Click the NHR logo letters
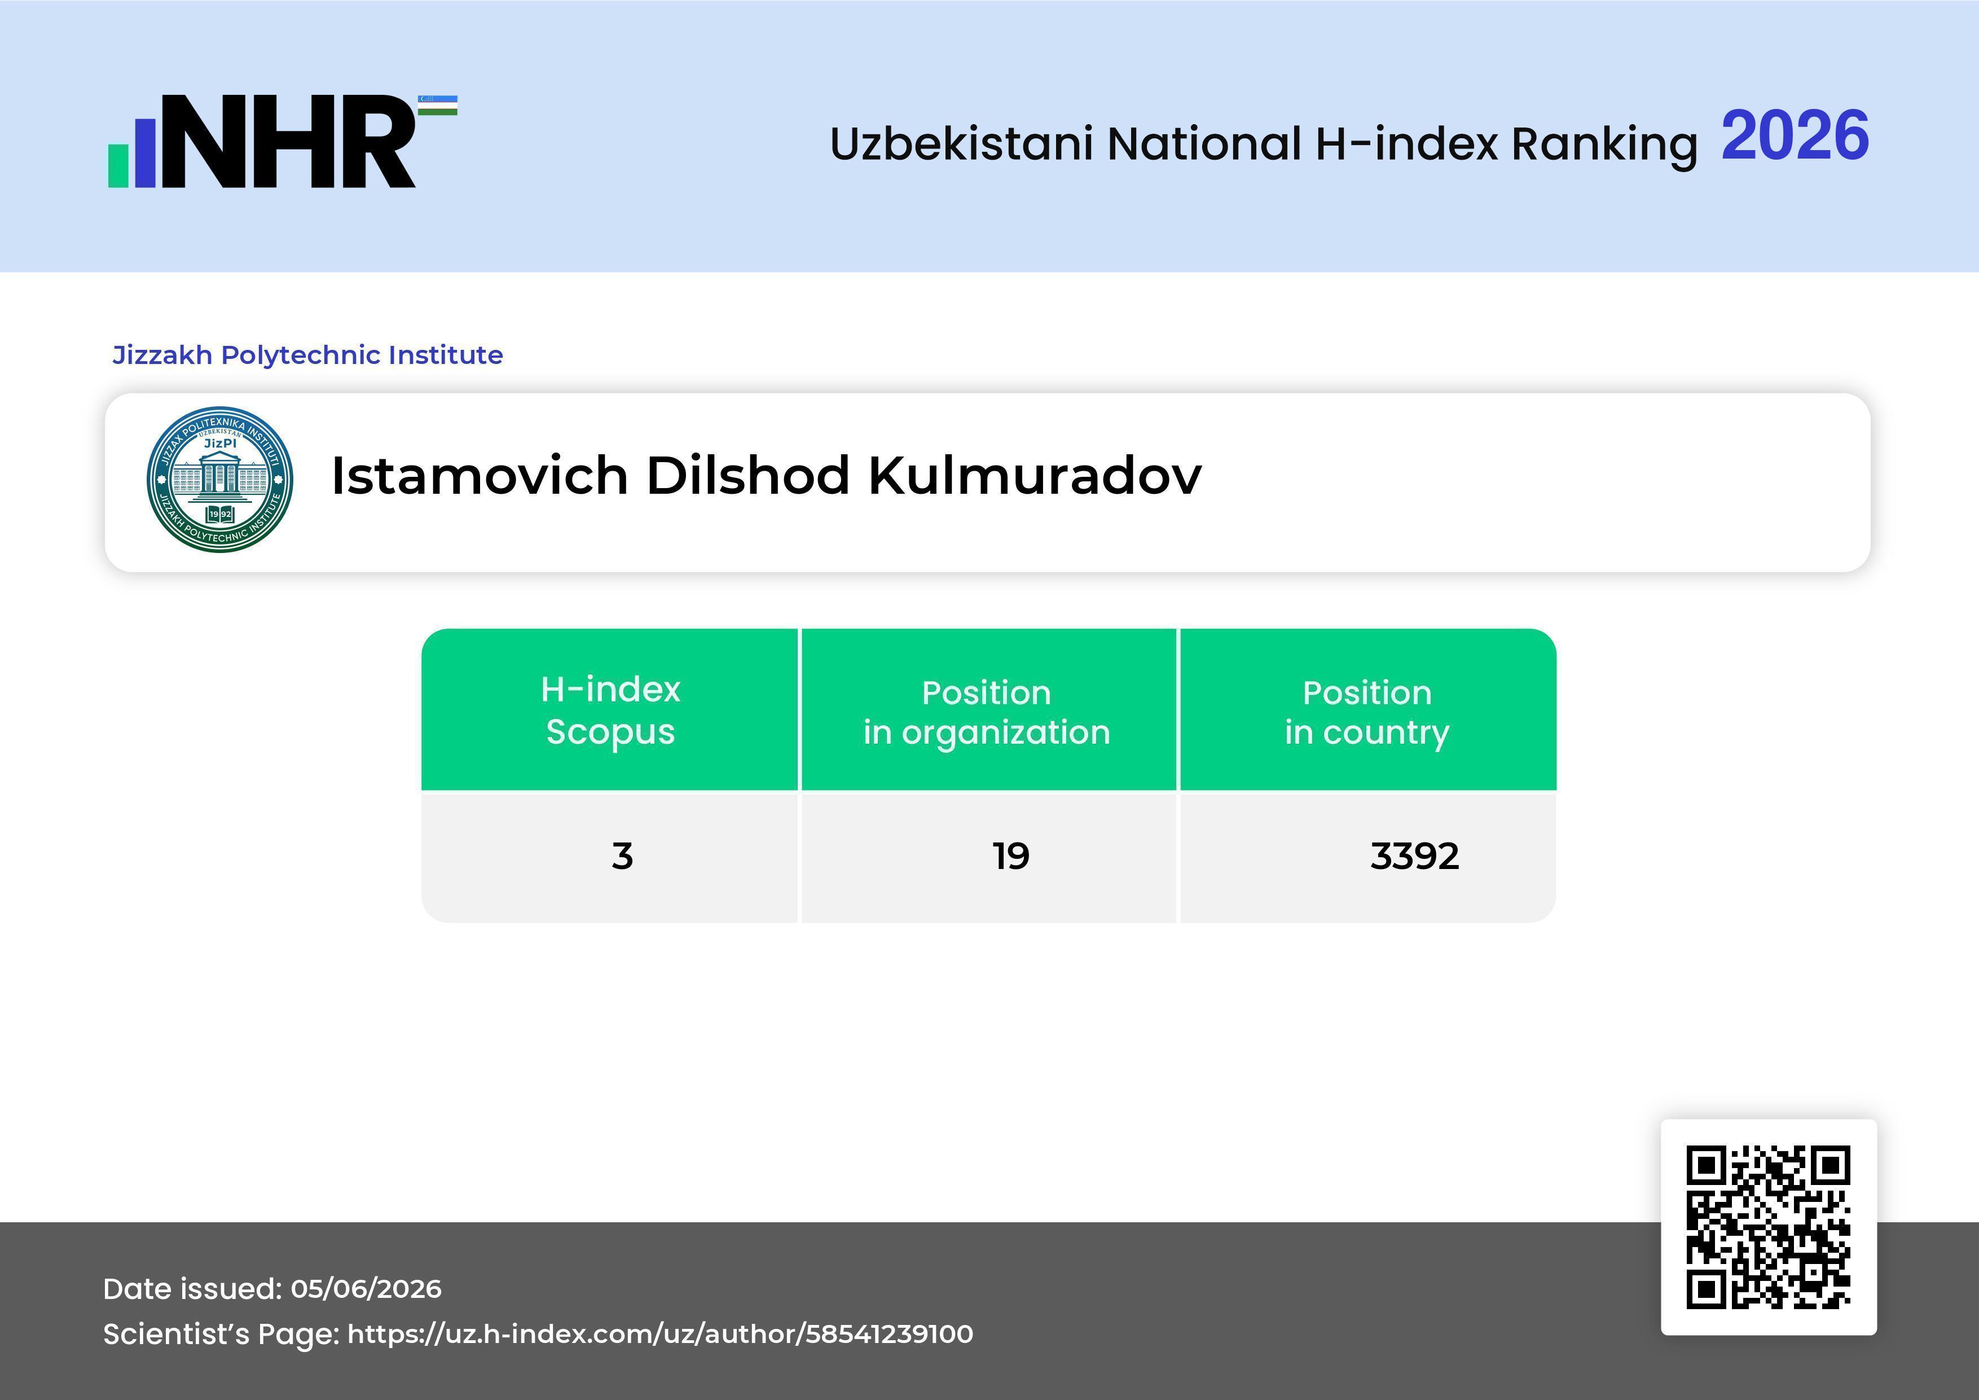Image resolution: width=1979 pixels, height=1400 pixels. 289,142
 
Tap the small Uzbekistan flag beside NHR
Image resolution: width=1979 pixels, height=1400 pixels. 438,105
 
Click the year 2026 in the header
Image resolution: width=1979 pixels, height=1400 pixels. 1795,136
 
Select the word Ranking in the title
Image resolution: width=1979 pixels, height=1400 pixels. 1604,144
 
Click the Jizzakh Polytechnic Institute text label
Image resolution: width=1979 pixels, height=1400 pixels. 307,355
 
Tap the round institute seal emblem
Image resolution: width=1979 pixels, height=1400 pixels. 220,479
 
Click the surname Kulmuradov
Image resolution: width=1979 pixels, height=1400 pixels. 1034,475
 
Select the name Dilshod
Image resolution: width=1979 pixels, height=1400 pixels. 748,475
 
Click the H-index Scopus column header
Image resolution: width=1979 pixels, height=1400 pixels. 610,710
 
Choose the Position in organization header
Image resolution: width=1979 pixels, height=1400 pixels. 987,712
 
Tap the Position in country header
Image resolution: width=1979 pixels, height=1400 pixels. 1367,712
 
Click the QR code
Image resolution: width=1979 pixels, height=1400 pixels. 1769,1227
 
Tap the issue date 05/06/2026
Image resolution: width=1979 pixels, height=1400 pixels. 366,1289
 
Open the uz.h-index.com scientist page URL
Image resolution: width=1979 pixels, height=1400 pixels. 660,1333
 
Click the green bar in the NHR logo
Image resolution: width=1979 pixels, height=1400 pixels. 118,165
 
